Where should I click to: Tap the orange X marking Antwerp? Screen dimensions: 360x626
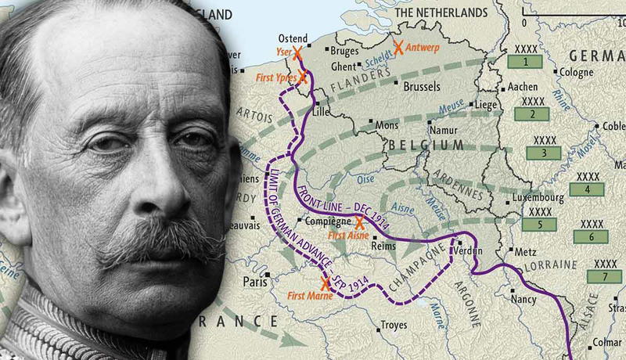pos(399,48)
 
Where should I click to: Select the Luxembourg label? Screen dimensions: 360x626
pos(540,199)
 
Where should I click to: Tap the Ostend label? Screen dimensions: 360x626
pos(293,38)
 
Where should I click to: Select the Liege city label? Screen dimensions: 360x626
pos(487,103)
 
